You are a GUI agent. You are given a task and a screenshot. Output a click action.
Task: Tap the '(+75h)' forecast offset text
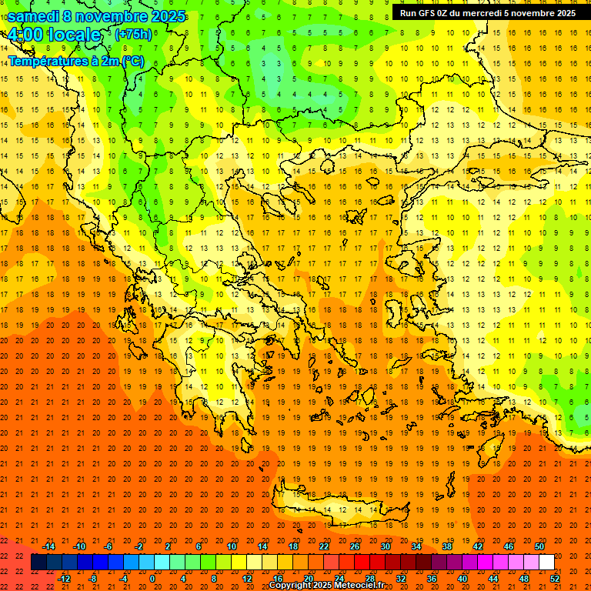[x=133, y=34]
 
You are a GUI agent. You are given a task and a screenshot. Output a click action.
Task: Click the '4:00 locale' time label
[x=54, y=35]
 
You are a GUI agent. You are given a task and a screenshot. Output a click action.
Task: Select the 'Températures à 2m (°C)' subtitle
[x=75, y=61]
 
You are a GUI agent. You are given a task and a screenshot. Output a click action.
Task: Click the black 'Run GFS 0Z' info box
[x=488, y=13]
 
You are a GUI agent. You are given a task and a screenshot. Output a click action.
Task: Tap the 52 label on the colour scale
[x=555, y=578]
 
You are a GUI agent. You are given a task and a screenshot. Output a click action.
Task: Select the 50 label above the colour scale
[x=539, y=546]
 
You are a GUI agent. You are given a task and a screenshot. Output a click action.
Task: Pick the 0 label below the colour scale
[x=152, y=578]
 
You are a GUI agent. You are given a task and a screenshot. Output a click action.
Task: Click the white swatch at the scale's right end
[x=546, y=563]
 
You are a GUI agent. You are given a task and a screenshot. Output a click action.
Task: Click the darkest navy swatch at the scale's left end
[x=39, y=563]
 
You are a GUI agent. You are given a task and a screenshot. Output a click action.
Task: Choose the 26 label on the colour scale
[x=354, y=546]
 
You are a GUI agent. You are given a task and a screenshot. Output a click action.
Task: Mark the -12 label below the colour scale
[x=64, y=578]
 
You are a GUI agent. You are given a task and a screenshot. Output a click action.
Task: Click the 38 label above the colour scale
[x=446, y=546]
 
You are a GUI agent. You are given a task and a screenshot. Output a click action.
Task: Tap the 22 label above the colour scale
[x=323, y=546]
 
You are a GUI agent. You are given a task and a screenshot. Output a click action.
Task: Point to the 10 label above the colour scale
[x=231, y=546]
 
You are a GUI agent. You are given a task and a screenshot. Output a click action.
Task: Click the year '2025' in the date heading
[x=167, y=16]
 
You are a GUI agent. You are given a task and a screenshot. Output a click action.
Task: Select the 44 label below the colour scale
[x=493, y=578]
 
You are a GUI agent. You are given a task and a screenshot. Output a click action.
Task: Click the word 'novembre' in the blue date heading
[x=111, y=16]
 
